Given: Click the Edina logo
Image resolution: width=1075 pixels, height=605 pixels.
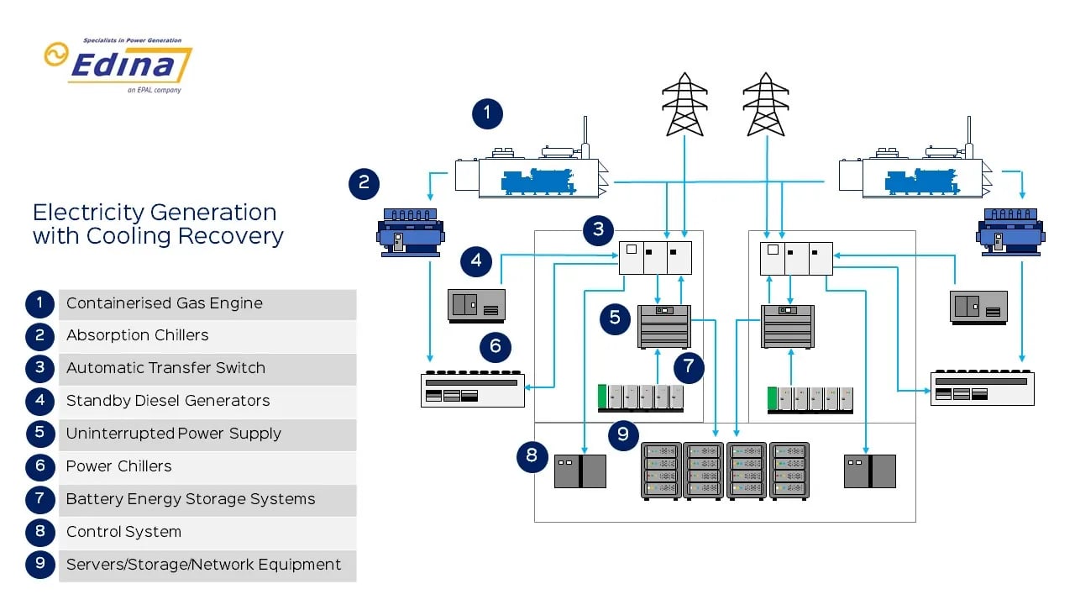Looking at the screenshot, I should (x=118, y=65).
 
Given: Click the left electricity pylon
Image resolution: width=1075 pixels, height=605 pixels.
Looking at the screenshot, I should (x=684, y=104).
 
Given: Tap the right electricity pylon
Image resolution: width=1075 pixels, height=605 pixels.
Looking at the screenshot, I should (x=765, y=104).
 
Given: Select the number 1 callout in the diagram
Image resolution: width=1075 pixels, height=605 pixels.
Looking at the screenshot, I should (x=487, y=113).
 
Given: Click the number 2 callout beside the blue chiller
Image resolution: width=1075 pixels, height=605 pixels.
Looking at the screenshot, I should (x=364, y=183).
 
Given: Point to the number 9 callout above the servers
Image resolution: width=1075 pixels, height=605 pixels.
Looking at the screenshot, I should (x=623, y=434).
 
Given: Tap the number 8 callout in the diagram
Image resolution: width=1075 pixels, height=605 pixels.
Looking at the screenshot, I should (x=532, y=456).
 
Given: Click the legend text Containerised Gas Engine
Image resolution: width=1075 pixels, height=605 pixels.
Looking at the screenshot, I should (x=165, y=303).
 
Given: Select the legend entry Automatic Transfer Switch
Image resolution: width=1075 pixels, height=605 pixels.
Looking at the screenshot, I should (x=165, y=368).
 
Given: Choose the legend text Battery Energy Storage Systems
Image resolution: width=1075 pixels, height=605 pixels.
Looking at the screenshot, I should (x=191, y=499).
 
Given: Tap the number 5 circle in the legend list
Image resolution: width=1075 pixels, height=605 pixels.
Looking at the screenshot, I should (x=39, y=434).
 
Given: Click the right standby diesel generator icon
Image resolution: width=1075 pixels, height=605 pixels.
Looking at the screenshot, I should (x=978, y=307).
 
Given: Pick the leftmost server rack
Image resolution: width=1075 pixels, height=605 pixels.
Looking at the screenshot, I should (x=661, y=471).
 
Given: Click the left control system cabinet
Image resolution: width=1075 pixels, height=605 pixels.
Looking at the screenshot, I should (x=579, y=471).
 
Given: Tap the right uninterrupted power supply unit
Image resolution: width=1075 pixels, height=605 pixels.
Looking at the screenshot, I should (x=787, y=326).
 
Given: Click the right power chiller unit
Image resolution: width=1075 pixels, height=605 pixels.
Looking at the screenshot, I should (x=982, y=389).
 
